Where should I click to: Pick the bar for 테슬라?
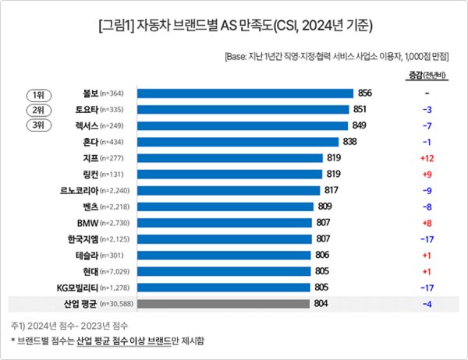tap(225, 255)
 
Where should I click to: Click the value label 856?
tap(366, 94)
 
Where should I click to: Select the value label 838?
tap(352, 141)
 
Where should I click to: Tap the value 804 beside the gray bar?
tap(321, 303)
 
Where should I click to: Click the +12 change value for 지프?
tap(427, 157)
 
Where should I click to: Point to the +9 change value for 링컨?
tap(427, 174)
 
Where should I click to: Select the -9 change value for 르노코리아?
tap(427, 190)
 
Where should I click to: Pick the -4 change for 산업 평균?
tap(427, 303)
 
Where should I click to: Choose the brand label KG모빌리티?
tap(73, 288)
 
